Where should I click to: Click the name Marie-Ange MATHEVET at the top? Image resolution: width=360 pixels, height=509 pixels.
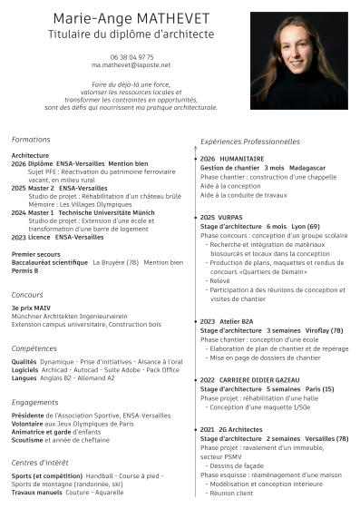(x=131, y=19)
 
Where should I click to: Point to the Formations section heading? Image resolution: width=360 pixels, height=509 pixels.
(x=31, y=140)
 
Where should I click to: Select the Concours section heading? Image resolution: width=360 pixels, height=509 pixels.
(x=27, y=295)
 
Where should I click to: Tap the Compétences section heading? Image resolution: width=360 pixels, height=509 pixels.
(x=34, y=348)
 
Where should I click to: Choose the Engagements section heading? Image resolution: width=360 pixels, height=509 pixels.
(x=35, y=402)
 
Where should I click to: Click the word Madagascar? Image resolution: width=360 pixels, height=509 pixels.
(x=307, y=169)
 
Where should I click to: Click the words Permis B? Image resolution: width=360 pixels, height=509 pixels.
(x=24, y=271)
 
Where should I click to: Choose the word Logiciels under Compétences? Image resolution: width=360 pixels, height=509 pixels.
(x=24, y=370)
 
